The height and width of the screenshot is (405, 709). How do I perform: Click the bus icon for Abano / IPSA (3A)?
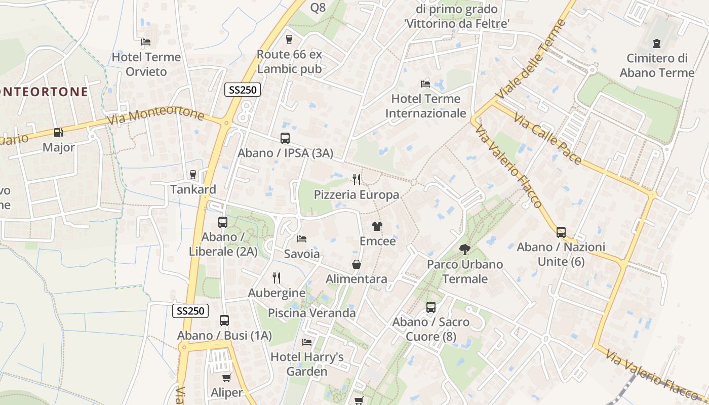[285, 138]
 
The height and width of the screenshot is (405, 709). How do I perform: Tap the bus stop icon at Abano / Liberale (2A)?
[222, 222]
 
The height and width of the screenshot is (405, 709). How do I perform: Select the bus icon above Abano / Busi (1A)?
[224, 320]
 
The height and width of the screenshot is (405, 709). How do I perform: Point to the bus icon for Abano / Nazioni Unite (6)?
[561, 232]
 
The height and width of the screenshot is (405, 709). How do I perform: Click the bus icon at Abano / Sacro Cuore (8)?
[430, 307]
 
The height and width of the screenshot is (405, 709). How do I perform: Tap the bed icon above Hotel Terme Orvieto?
[146, 42]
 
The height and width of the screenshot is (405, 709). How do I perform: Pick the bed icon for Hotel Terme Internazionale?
[425, 84]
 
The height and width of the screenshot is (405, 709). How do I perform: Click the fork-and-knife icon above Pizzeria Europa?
[357, 179]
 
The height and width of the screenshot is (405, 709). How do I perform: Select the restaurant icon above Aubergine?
[277, 277]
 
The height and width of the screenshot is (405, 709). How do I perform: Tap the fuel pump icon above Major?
[59, 133]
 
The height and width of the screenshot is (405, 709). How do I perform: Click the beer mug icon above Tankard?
[192, 175]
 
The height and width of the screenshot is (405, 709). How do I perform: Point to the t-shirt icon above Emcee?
[377, 226]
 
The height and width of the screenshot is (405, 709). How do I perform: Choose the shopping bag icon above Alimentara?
[357, 264]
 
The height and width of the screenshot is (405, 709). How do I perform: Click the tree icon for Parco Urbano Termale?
[464, 249]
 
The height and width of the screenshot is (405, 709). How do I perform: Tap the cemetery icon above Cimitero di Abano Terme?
[657, 43]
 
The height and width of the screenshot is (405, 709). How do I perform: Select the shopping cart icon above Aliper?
[226, 378]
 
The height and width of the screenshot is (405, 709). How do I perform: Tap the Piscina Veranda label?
[312, 313]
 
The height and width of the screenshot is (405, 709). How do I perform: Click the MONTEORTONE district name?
[44, 92]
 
